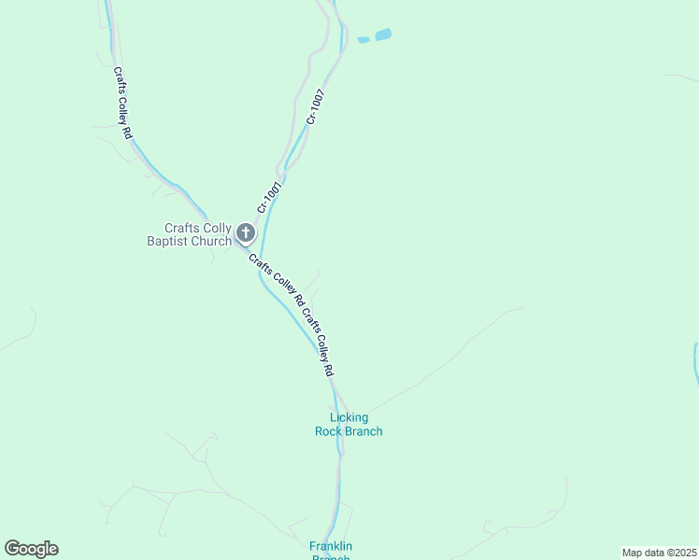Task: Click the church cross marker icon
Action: (245, 232)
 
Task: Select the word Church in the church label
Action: (211, 242)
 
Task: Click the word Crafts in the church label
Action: (181, 228)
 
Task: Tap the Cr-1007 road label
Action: (316, 106)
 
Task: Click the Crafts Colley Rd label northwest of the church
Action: (122, 103)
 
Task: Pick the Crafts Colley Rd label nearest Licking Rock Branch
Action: (318, 342)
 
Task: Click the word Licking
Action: (349, 417)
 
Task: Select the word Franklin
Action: (330, 546)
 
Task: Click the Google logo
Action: (31, 549)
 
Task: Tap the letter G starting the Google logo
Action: (12, 548)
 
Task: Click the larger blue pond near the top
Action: (383, 35)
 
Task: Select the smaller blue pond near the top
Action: (363, 40)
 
